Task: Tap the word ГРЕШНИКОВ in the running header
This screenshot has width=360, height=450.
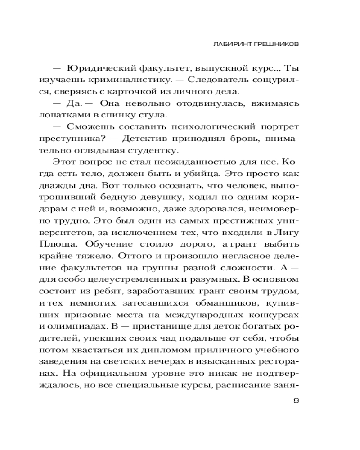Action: tap(274, 44)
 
